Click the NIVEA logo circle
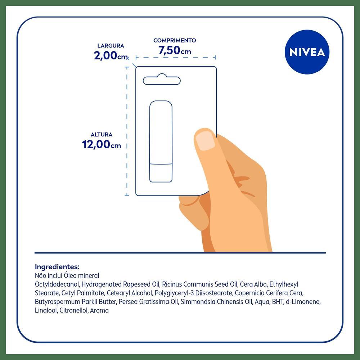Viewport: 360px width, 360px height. (307, 52)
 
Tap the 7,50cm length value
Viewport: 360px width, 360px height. (175, 50)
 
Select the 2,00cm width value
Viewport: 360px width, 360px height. (111, 55)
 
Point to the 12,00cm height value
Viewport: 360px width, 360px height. (101, 145)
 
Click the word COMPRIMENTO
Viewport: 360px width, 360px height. (175, 40)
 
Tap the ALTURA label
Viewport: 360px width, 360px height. (102, 135)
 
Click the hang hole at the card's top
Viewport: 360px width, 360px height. (162, 80)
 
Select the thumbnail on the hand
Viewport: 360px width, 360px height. (206, 141)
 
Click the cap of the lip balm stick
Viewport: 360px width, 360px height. (161, 173)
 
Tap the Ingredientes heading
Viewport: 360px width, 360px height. (57, 267)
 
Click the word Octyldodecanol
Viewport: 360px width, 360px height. (57, 284)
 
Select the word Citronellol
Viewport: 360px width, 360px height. (74, 310)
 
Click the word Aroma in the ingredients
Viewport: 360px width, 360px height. (99, 311)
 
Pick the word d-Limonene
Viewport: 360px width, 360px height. (303, 302)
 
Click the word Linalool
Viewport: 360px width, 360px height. (46, 310)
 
